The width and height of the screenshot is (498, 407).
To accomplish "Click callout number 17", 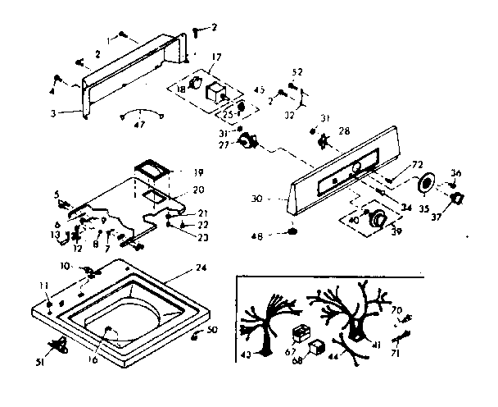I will [216, 57].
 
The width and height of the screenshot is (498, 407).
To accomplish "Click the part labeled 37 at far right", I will [457, 199].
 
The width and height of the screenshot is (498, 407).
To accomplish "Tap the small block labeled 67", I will [300, 334].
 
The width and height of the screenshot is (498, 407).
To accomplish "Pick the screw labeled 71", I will [401, 336].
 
